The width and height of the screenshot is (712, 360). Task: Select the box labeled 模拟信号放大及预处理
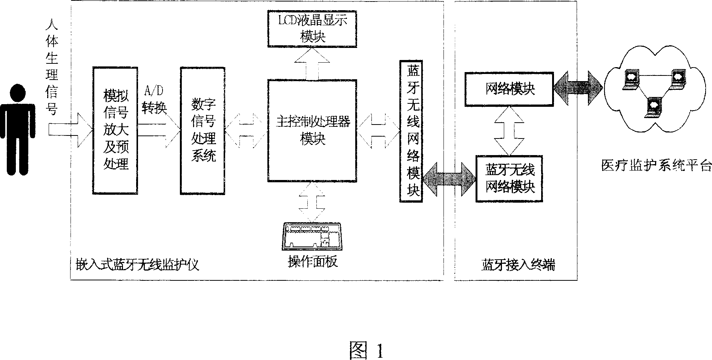(x=116, y=130)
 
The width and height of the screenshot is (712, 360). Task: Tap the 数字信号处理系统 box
(x=203, y=131)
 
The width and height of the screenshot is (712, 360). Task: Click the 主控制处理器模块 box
(x=312, y=131)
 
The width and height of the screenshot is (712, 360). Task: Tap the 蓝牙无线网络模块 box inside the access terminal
(x=509, y=179)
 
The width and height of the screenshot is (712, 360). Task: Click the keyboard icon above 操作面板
(x=312, y=237)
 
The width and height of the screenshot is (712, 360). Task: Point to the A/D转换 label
(x=154, y=100)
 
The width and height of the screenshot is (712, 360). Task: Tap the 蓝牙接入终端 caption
(x=518, y=265)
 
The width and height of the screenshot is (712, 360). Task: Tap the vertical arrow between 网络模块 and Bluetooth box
(x=509, y=131)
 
